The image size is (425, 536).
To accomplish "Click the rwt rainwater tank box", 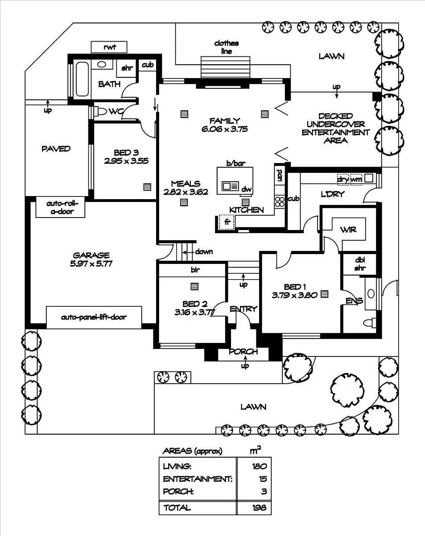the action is pyautogui.click(x=109, y=47).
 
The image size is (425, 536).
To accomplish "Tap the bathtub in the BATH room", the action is pyautogui.click(x=82, y=79).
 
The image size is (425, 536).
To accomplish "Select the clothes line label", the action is pyautogui.click(x=226, y=47).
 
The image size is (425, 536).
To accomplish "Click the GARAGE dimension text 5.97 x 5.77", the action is pyautogui.click(x=91, y=264).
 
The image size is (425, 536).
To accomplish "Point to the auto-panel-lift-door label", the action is pyautogui.click(x=94, y=317).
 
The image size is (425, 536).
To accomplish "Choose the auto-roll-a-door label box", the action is pyautogui.click(x=61, y=207).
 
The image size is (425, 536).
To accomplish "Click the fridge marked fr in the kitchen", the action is pyautogui.click(x=227, y=222).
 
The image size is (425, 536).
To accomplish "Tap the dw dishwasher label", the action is pyautogui.click(x=247, y=189).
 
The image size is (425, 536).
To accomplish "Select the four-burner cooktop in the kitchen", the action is pyautogui.click(x=280, y=201).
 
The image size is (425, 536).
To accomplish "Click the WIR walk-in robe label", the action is pyautogui.click(x=348, y=230).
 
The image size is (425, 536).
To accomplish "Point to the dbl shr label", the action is pyautogui.click(x=360, y=264).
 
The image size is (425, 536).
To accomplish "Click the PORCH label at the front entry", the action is pyautogui.click(x=243, y=352).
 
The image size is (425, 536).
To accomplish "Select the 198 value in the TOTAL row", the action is pyautogui.click(x=259, y=507).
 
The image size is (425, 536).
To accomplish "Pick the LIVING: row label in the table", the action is pyautogui.click(x=177, y=466).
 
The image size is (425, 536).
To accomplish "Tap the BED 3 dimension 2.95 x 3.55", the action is pyautogui.click(x=126, y=161).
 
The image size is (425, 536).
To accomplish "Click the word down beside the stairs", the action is pyautogui.click(x=204, y=251).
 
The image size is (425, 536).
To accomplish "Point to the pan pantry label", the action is pyautogui.click(x=280, y=176).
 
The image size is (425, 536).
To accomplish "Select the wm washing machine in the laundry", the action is pyautogui.click(x=356, y=179).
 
